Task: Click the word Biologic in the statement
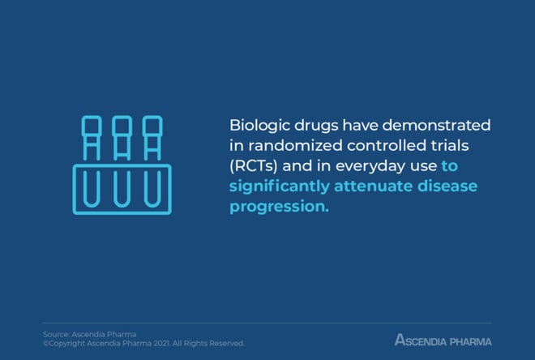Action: point(259,126)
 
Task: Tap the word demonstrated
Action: point(436,125)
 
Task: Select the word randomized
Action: point(295,146)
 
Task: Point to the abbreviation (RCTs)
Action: point(254,166)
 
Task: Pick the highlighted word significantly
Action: point(280,187)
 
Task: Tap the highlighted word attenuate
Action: point(373,186)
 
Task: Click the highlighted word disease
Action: point(447,186)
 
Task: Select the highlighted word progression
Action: point(279,207)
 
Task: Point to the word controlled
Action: point(387,146)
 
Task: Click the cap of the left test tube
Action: point(92,126)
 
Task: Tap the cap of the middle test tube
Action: point(122,126)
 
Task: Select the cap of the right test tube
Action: point(152,126)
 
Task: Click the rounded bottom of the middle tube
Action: point(122,205)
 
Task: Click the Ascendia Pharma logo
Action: point(443,341)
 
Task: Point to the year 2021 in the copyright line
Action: point(161,343)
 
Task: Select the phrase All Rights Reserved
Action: point(208,343)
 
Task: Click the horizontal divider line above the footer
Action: point(267,323)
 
